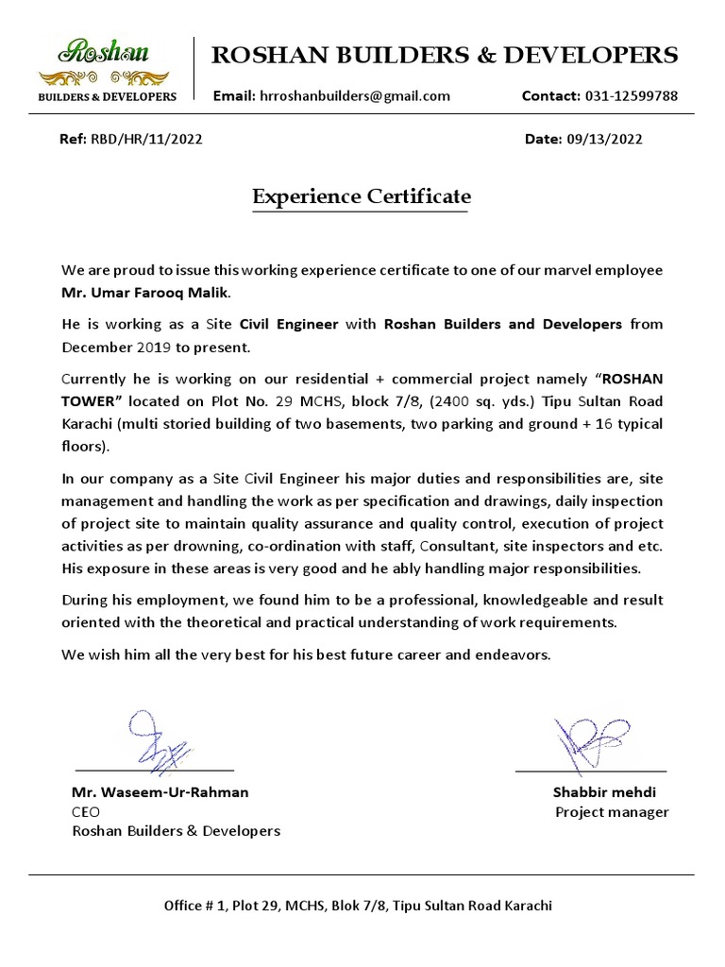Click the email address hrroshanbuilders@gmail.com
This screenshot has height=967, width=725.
point(354,95)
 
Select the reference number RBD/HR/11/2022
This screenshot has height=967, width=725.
point(146,139)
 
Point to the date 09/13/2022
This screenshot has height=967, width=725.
point(604,139)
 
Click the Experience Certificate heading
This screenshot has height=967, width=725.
point(361,197)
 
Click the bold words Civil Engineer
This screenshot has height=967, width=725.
point(289,324)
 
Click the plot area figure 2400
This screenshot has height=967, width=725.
point(449,400)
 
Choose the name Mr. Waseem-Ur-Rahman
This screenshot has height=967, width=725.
point(160,792)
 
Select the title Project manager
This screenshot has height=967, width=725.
point(612,812)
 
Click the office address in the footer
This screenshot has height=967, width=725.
point(358,905)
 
